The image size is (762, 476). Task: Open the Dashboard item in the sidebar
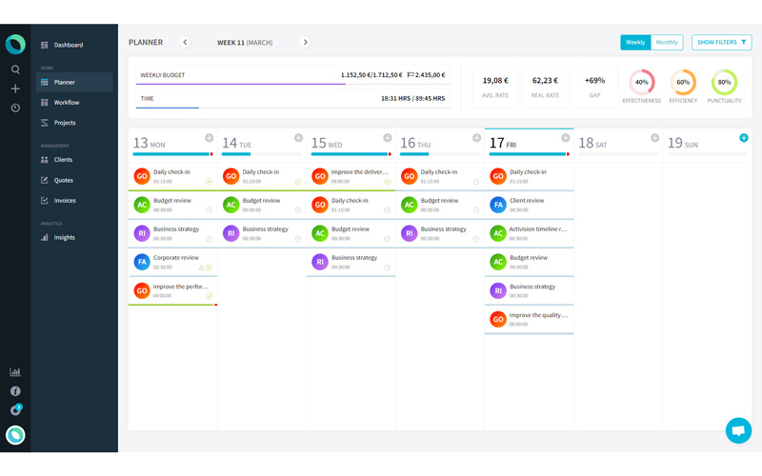(68, 45)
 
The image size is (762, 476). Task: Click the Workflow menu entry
(66, 103)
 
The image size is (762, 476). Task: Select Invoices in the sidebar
(65, 201)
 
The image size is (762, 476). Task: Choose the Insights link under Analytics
(64, 237)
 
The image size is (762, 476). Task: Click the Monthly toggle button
(667, 42)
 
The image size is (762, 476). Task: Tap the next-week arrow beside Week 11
(305, 42)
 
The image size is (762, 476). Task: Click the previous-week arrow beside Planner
(185, 42)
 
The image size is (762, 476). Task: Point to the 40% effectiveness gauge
(641, 82)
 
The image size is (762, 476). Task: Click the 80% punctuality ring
(724, 82)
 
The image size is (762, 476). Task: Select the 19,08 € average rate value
(494, 81)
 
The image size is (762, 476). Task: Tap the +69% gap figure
(594, 81)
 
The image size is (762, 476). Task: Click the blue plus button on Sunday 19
(744, 138)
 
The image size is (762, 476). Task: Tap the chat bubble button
(737, 430)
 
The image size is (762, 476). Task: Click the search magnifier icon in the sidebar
(15, 69)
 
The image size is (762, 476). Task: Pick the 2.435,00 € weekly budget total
(427, 74)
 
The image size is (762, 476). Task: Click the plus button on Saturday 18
(654, 138)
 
